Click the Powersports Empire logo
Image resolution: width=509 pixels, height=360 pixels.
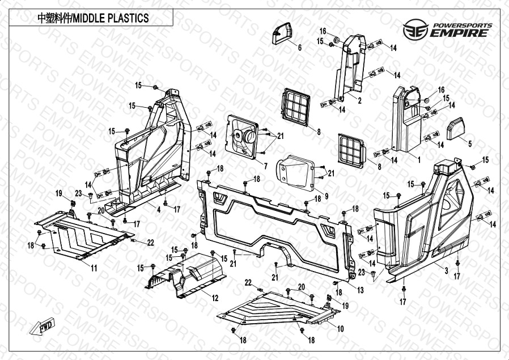coord(446,28)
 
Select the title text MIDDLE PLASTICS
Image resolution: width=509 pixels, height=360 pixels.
coord(93,18)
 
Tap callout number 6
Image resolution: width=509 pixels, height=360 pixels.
coord(300,48)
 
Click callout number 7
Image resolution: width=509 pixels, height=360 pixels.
coord(265,165)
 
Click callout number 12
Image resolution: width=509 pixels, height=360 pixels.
coord(215,298)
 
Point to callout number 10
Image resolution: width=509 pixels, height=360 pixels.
coord(340,329)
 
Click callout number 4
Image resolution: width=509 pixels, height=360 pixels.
coord(159,210)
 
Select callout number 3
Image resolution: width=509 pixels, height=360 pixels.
coord(446,271)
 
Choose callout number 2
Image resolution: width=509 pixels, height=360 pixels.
coord(359,100)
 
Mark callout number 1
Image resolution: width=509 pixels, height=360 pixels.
coord(418,160)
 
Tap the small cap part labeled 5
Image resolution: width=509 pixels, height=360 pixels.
coord(455,129)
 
